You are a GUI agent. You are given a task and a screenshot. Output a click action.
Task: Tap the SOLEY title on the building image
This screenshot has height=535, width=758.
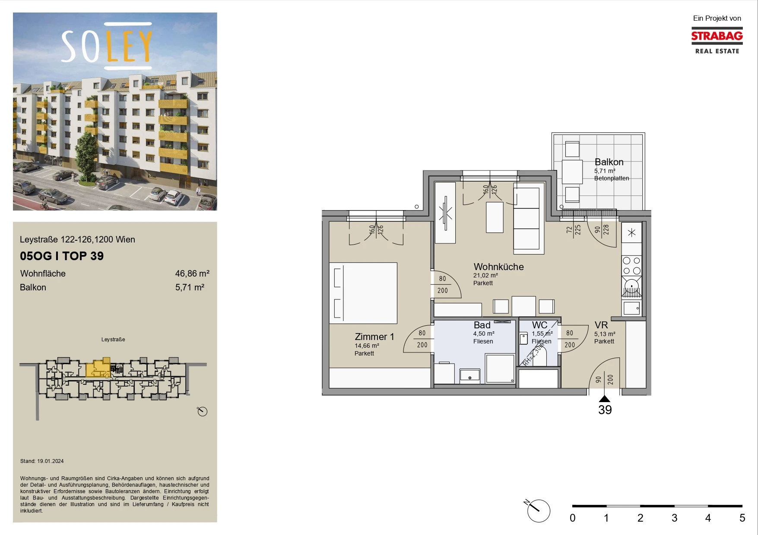coord(107,46)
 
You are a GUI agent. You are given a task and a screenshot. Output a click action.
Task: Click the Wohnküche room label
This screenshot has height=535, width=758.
coord(498,267)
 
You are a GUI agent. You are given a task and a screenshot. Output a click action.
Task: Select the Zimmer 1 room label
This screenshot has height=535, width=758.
coord(374,337)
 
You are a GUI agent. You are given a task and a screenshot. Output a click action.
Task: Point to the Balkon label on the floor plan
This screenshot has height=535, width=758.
coord(609,162)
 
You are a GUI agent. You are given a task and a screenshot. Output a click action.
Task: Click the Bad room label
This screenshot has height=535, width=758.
coord(482,325)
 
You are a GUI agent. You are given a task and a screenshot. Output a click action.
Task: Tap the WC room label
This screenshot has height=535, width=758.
coord(539,325)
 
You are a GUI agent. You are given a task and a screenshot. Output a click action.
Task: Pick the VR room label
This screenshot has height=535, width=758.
coord(601,325)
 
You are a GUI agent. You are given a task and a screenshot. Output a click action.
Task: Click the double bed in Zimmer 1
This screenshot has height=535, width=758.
coord(363,293)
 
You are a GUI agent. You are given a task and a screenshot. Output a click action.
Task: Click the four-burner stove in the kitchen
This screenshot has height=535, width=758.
coord(631,265)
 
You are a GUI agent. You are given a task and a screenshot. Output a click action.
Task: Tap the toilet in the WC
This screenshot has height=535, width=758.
coord(523,338)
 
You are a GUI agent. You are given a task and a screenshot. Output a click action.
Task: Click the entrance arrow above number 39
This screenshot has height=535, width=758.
coord(605,399)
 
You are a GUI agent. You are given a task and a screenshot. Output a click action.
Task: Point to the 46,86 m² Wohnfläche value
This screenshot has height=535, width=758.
coord(192,274)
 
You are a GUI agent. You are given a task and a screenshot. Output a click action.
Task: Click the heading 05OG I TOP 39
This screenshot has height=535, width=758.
coord(62,256)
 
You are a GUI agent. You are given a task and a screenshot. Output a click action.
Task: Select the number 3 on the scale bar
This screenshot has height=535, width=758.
coord(674,518)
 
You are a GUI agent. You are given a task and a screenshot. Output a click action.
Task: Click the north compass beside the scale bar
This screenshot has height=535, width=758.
coord(538,511)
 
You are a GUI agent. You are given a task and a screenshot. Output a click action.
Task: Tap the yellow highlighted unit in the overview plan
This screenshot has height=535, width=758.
coord(98,368)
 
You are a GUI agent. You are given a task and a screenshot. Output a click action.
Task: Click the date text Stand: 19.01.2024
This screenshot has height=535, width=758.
coord(42,461)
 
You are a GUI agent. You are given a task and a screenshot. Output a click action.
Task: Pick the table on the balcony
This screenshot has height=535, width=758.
coord(572,172)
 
